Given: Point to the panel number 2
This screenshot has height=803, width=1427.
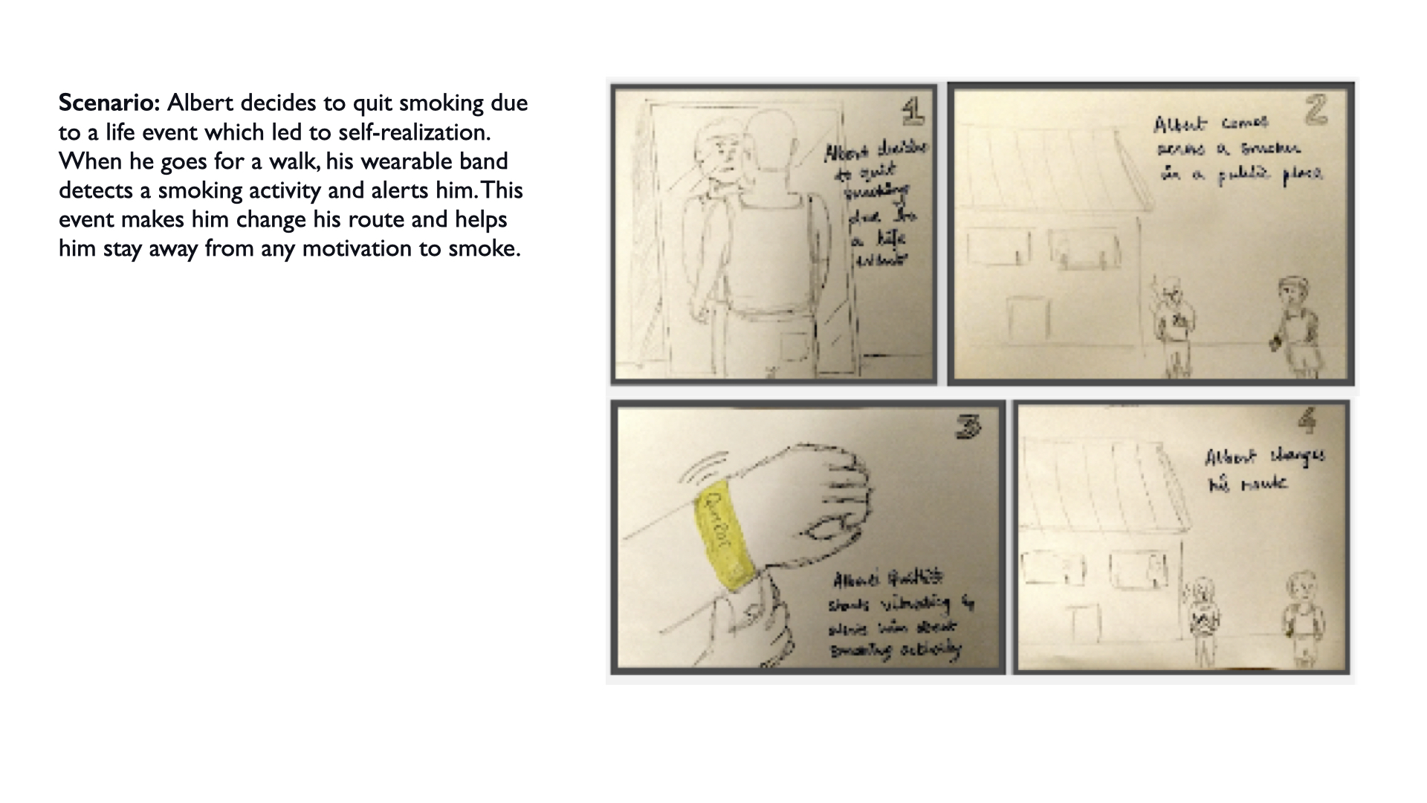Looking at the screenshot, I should point(1316,111).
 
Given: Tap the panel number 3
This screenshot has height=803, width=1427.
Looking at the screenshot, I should point(968,426).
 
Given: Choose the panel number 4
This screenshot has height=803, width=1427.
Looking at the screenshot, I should point(1307,422).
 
